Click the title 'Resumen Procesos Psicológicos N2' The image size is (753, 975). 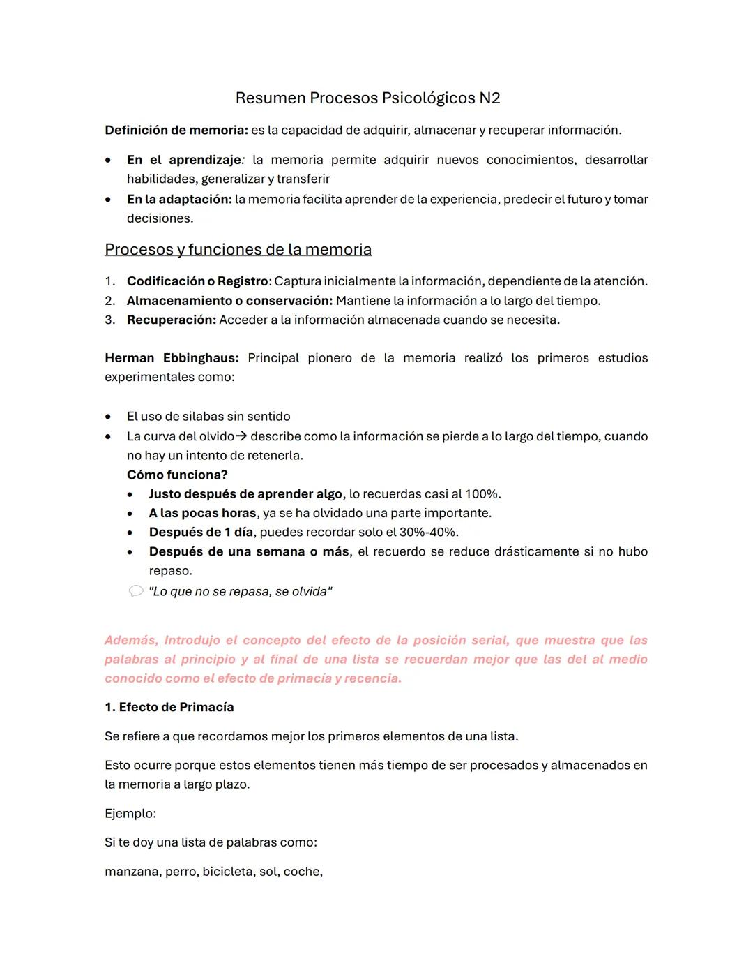367,98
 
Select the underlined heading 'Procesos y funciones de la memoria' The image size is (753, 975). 238,250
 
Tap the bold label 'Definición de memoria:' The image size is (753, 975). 176,131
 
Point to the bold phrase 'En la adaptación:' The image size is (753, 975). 179,200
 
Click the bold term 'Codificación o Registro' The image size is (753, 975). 197,281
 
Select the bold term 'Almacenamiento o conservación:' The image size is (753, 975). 229,301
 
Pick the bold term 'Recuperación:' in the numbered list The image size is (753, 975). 172,320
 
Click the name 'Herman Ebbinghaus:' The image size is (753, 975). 172,358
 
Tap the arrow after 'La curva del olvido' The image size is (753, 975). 241,437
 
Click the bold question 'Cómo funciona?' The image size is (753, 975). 177,475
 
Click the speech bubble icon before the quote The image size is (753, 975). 135,592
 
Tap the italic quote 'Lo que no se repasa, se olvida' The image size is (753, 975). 241,592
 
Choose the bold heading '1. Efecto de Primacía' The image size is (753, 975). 169,708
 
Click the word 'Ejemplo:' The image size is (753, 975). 130,814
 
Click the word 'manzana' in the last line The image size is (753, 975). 132,872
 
